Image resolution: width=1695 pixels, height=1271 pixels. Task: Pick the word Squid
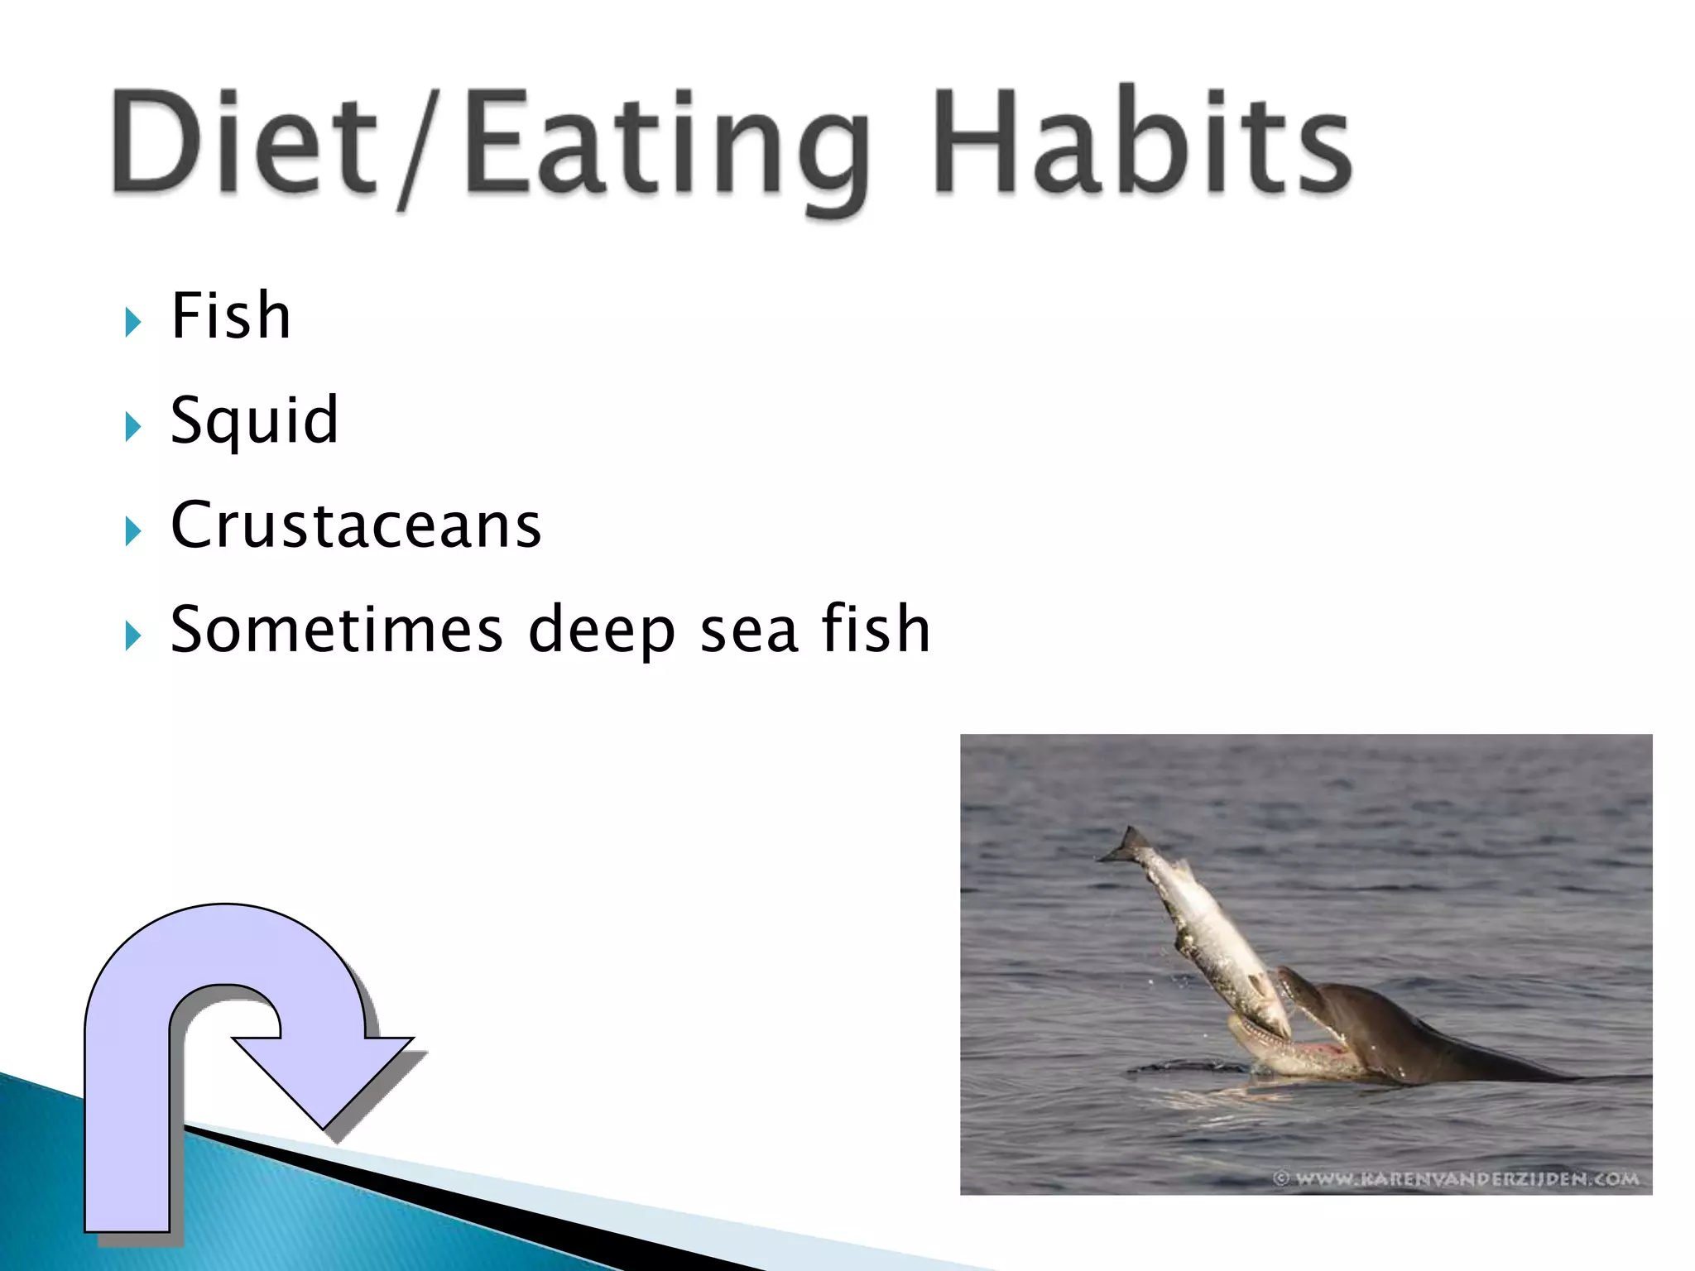(x=254, y=420)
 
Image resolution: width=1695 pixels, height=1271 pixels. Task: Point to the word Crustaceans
(x=356, y=525)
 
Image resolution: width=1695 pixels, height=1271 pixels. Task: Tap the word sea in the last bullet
(x=749, y=631)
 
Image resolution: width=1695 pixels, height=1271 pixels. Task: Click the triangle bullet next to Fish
(x=133, y=321)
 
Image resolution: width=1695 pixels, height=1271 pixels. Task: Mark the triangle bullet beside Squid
(x=133, y=426)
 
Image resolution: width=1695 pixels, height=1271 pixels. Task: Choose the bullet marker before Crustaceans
(x=133, y=530)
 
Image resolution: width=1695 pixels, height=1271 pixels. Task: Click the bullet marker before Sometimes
(x=133, y=635)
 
